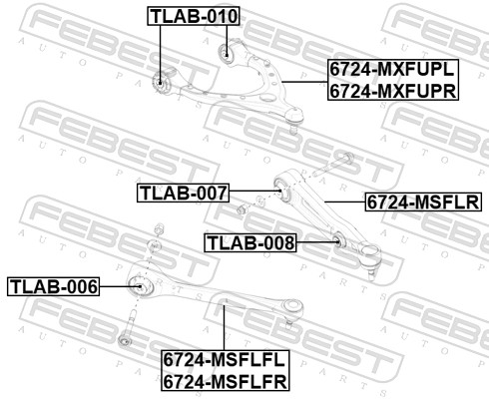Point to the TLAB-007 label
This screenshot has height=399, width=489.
click(184, 192)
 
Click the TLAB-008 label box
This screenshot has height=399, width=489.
click(250, 241)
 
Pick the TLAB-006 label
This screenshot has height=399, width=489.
click(54, 287)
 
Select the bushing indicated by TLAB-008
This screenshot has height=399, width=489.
click(337, 239)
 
